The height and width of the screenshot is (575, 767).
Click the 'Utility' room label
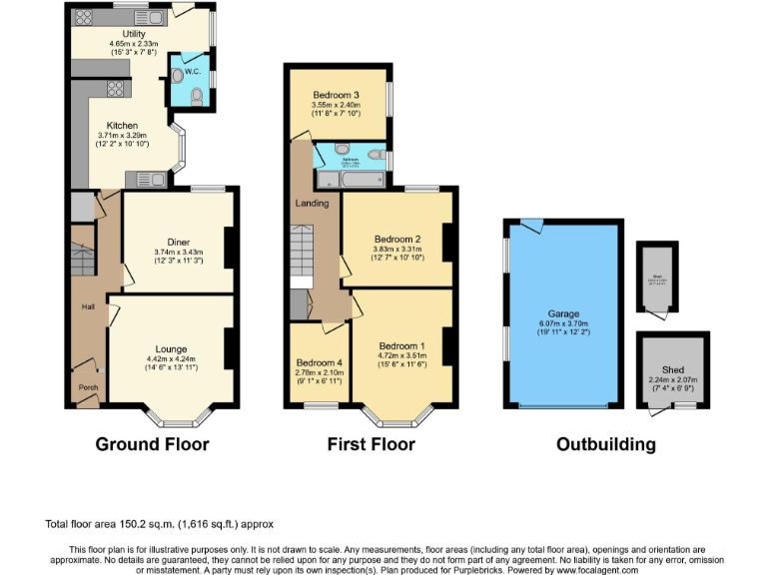(x=120, y=34)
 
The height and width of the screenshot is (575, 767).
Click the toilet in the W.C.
(x=197, y=96)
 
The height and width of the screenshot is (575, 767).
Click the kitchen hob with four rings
(x=115, y=89)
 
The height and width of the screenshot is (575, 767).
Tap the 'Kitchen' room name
(x=122, y=126)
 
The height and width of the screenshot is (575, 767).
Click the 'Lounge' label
(x=171, y=348)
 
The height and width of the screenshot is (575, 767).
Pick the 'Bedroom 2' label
(x=396, y=240)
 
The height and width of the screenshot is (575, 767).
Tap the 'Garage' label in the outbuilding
(x=562, y=313)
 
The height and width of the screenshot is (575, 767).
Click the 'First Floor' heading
(x=371, y=444)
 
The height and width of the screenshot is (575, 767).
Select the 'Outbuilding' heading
(x=605, y=444)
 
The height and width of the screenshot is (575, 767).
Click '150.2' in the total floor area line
(x=124, y=523)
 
